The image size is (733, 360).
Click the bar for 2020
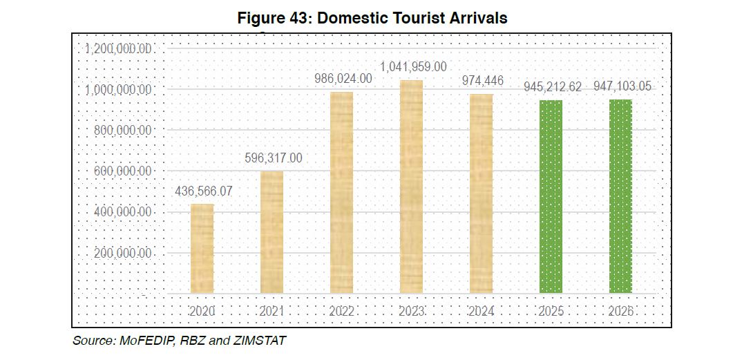pos(202,249)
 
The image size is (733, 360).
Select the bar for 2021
pos(272,232)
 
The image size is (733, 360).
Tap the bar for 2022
pos(341,193)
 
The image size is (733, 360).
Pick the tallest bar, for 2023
pos(411,187)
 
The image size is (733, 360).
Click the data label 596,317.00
pos(273,158)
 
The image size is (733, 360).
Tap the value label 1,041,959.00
pos(413,67)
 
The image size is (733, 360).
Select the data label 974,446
pos(482,81)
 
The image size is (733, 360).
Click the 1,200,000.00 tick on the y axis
pos(118,49)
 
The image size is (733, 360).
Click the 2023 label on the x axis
pos(412,312)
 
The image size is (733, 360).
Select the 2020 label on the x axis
pos(202,312)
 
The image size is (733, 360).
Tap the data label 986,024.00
pos(343,79)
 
